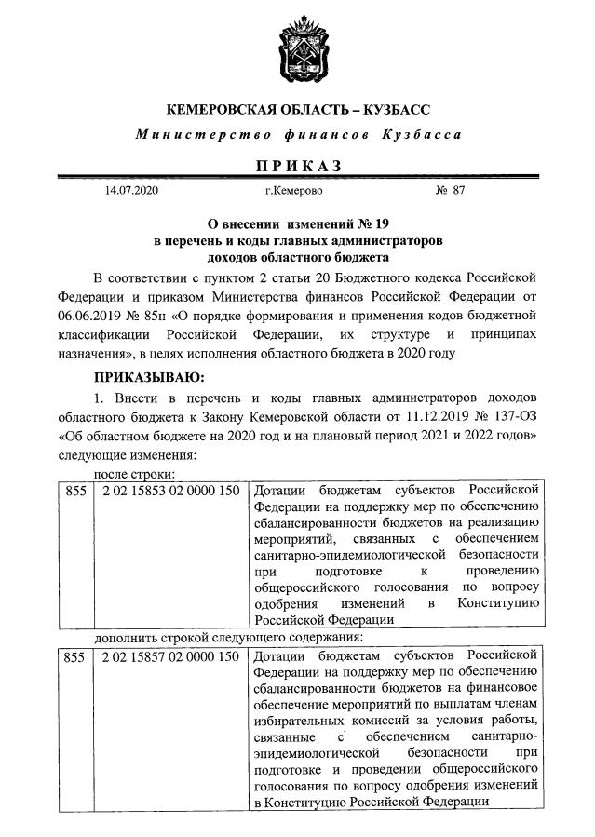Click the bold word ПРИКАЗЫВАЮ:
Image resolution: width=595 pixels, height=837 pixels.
(149, 377)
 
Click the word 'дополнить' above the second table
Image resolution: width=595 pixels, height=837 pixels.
(128, 638)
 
